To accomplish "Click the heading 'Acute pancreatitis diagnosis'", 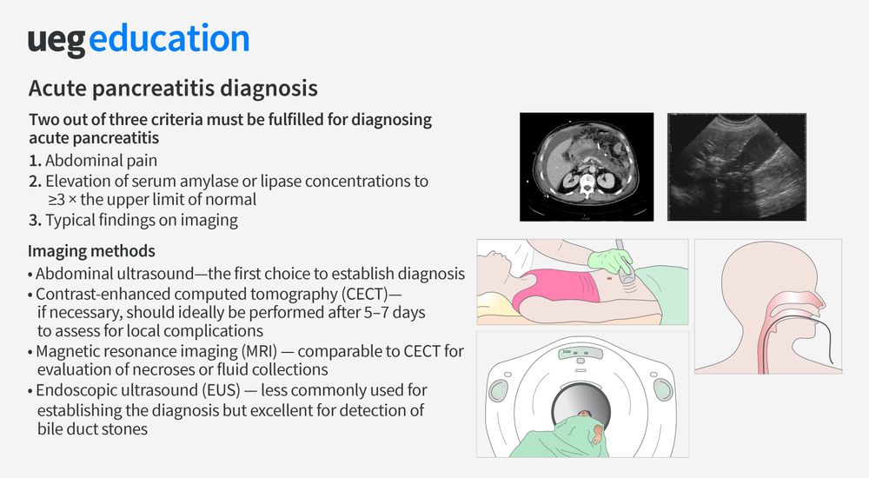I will point(173,89).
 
